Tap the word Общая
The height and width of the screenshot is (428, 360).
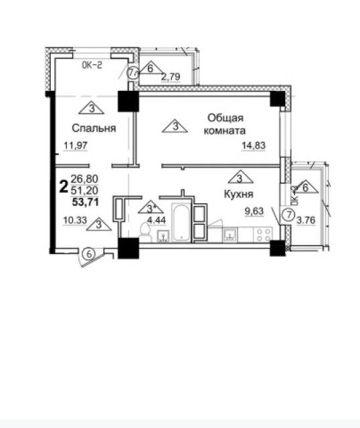pos(221,117)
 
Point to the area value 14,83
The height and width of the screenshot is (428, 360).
pos(253,146)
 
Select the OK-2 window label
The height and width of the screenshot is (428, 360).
pos(92,66)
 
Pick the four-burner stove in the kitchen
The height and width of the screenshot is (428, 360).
pos(261,234)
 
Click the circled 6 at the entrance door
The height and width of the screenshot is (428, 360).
pos(88,253)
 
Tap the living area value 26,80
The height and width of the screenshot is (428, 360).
pos(83,179)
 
